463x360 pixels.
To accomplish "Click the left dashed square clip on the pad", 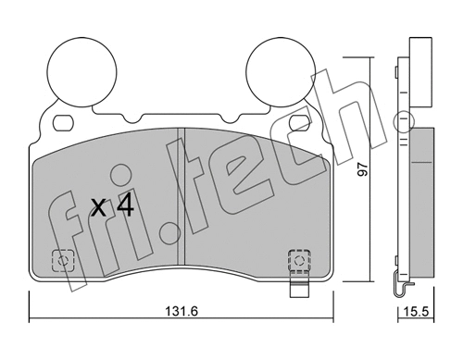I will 63,261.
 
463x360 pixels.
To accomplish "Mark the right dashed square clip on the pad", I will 300,260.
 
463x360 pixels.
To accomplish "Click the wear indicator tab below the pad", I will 300,289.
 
